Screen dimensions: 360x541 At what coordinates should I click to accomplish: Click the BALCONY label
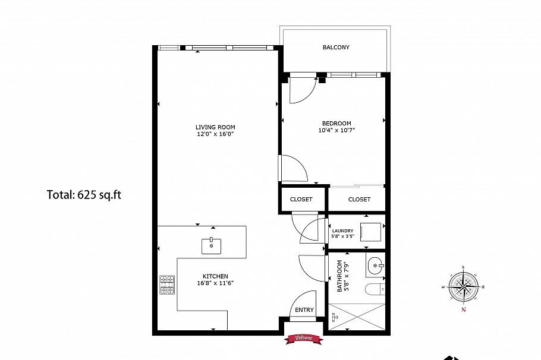coord(336,48)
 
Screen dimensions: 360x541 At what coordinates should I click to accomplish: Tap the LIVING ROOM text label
coord(215,127)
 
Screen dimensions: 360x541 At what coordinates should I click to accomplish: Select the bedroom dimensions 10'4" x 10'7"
coord(336,130)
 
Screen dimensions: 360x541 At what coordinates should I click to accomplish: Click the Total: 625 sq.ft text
coord(84,194)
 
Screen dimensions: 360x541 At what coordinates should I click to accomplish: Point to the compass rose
coord(463,285)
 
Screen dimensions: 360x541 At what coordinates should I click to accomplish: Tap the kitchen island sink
coord(211,245)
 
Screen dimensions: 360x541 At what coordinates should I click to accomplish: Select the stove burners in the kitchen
coord(167,285)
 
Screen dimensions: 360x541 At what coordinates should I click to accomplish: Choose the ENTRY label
coord(304,310)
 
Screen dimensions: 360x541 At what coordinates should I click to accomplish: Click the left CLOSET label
coord(301,200)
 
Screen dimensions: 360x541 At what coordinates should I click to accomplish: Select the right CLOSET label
coord(359,200)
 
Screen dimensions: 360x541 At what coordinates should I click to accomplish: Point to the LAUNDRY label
coord(342,231)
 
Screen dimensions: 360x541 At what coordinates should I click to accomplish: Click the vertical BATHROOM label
coord(340,276)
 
